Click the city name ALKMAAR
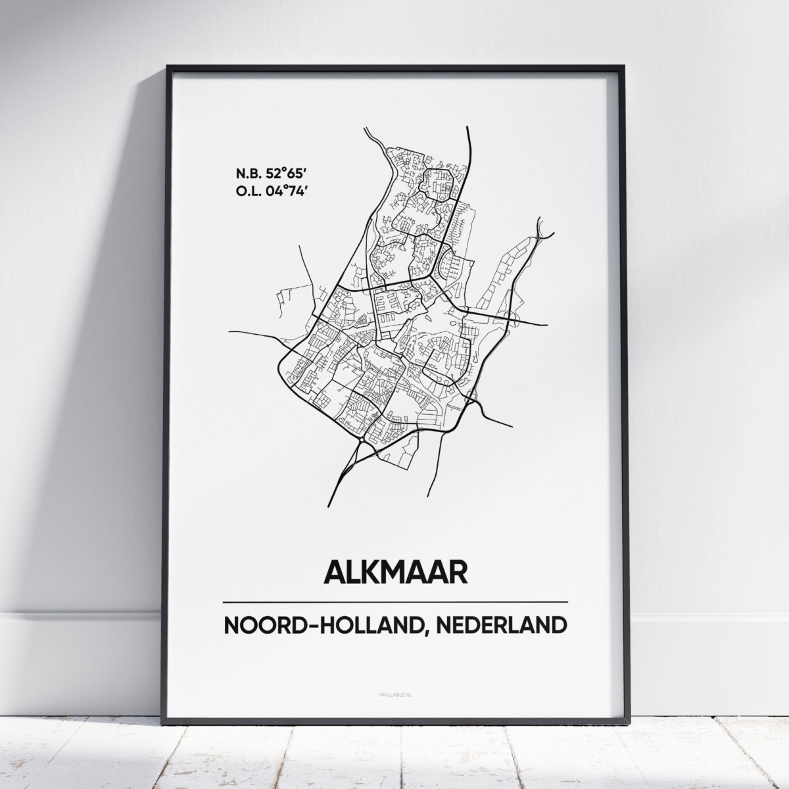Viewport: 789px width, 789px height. (x=395, y=571)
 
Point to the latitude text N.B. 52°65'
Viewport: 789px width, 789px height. (x=267, y=174)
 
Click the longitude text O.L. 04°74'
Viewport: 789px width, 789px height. (x=267, y=191)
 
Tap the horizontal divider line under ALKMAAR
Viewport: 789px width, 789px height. (x=395, y=602)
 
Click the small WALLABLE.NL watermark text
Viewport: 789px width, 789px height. (x=395, y=688)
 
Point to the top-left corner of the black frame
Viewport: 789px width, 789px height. (x=168, y=66)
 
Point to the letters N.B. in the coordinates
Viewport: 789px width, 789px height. (x=245, y=174)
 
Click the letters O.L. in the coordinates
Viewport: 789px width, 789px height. (x=245, y=191)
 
